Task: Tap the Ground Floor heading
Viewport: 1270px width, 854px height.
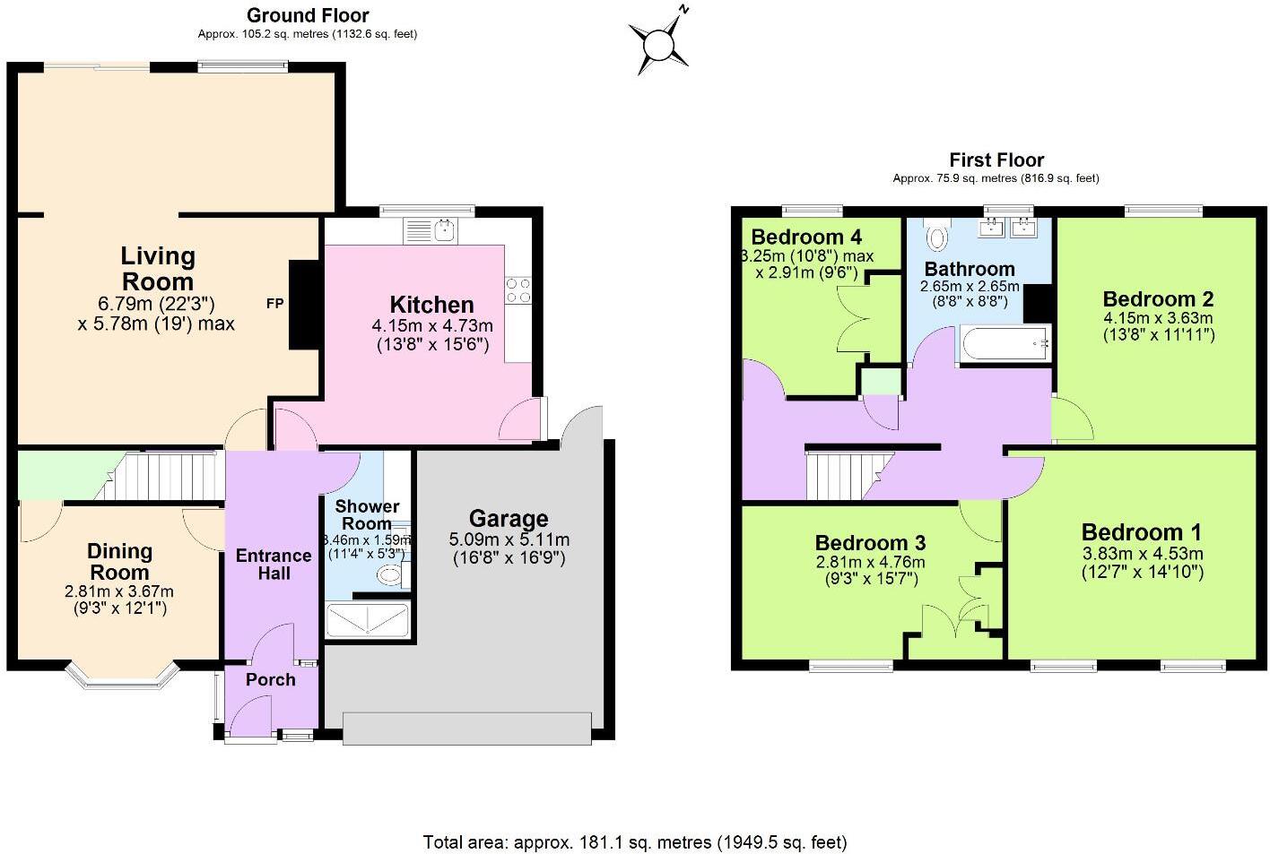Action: click(x=308, y=15)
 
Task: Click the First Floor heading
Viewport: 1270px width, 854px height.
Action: click(x=996, y=160)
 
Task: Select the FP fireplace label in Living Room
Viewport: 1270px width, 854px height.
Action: click(x=274, y=304)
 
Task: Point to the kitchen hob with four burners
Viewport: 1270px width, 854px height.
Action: click(x=518, y=289)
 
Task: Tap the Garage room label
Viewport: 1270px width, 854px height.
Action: click(x=509, y=519)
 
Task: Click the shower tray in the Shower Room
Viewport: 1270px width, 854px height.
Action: click(x=369, y=620)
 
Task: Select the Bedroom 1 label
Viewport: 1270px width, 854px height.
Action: click(x=1141, y=532)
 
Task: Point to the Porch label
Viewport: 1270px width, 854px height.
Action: click(x=270, y=679)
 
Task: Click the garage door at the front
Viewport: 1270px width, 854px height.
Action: click(x=466, y=728)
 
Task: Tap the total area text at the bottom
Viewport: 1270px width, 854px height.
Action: click(x=634, y=841)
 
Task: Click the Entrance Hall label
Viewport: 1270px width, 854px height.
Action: click(x=274, y=564)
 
